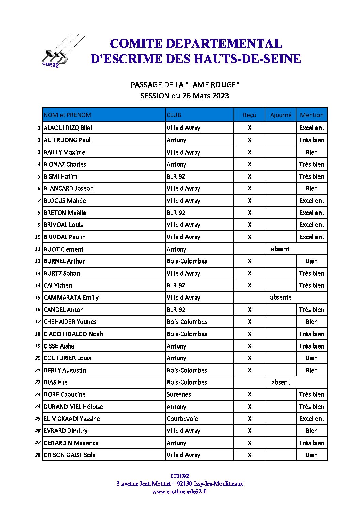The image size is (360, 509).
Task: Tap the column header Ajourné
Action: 280,115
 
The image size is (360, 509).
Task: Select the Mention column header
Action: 312,115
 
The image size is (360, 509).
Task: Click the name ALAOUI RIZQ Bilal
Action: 68,128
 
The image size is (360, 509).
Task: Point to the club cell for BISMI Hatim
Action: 176,176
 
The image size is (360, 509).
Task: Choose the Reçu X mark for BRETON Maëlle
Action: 249,213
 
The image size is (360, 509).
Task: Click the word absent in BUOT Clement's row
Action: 280,249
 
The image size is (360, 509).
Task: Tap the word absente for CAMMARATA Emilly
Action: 280,297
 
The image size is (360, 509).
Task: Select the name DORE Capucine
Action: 65,394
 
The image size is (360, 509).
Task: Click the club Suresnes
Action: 179,394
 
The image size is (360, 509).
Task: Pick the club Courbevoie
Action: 182,419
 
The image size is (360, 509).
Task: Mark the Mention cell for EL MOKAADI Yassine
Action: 312,419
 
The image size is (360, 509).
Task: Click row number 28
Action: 38,455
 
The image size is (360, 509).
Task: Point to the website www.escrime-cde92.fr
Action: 180,491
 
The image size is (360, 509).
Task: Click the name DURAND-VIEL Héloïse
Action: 73,407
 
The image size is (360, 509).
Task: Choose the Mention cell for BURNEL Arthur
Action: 312,261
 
